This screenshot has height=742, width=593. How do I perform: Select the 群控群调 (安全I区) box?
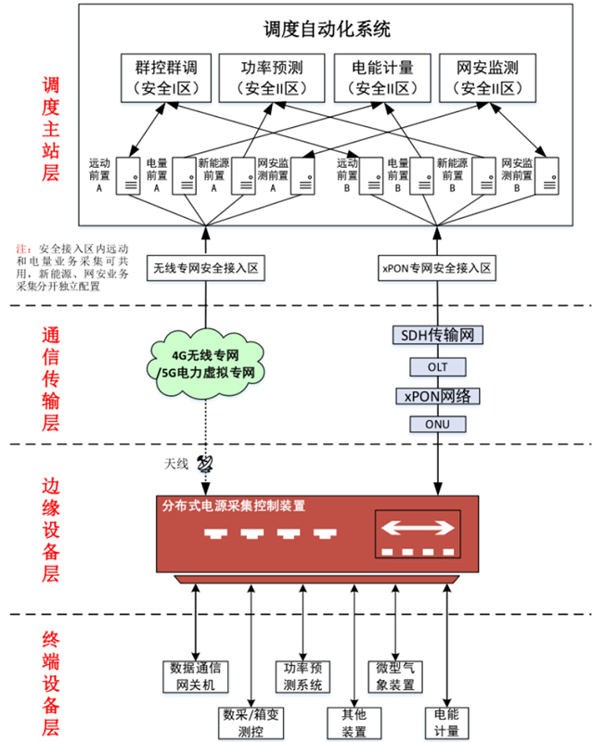click(x=166, y=78)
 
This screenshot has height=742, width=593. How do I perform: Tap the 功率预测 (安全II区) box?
click(x=271, y=78)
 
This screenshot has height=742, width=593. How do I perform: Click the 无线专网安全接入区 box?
click(x=205, y=269)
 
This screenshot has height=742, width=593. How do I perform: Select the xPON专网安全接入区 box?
click(x=436, y=269)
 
